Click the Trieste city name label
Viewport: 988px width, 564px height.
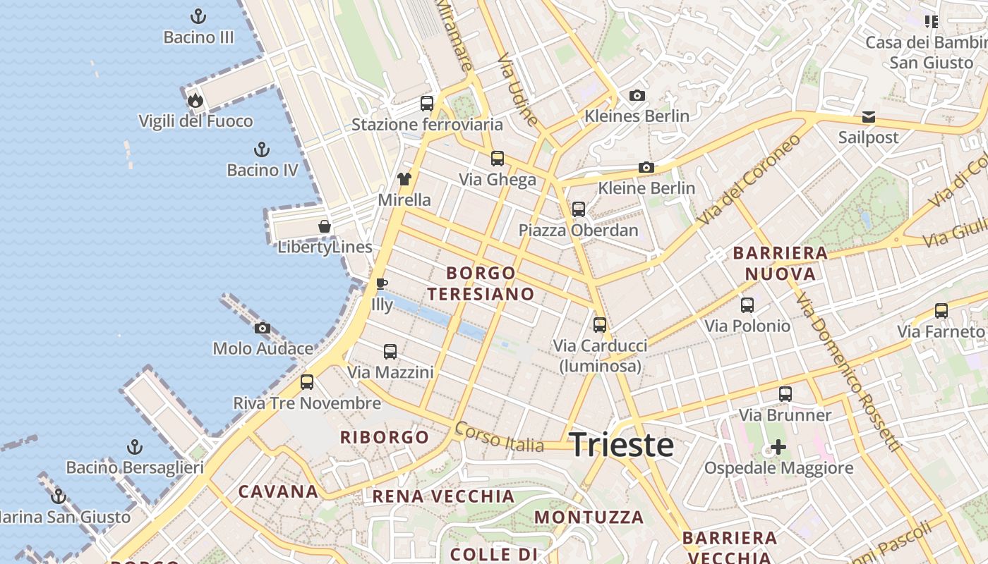pyautogui.click(x=621, y=445)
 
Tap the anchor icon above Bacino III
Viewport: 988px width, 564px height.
pyautogui.click(x=198, y=16)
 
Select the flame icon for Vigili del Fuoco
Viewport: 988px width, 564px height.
pyautogui.click(x=195, y=100)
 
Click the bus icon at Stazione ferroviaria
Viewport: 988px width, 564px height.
pyautogui.click(x=427, y=104)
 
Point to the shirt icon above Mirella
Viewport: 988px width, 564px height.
pyautogui.click(x=404, y=179)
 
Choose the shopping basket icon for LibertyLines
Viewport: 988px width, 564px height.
pyautogui.click(x=325, y=226)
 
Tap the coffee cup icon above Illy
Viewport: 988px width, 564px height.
pyautogui.click(x=382, y=283)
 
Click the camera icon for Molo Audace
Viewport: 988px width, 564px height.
pyautogui.click(x=263, y=328)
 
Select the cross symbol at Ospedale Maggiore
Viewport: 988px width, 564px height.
pyautogui.click(x=778, y=447)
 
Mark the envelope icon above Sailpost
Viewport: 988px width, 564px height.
pyautogui.click(x=868, y=116)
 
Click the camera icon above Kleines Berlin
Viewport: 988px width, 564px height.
pyautogui.click(x=637, y=95)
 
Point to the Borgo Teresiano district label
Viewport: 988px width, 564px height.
pyautogui.click(x=481, y=283)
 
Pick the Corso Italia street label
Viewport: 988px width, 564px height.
pyautogui.click(x=500, y=438)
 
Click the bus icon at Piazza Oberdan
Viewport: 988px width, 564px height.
pyautogui.click(x=579, y=209)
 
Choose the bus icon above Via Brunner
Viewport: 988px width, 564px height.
pyautogui.click(x=785, y=394)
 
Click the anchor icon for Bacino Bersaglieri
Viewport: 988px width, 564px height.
pyautogui.click(x=134, y=447)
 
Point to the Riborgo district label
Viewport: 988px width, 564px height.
pyautogui.click(x=385, y=437)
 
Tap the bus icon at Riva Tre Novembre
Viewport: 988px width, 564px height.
pyautogui.click(x=307, y=382)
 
